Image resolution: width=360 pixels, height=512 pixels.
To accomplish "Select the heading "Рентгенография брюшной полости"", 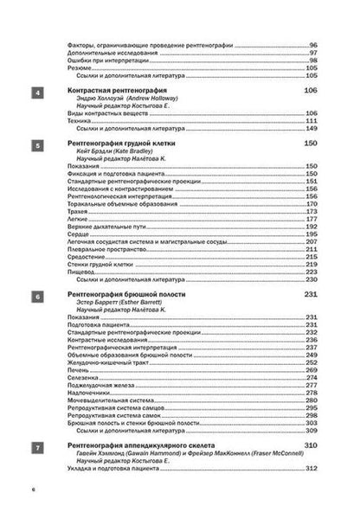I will click(125, 296).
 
